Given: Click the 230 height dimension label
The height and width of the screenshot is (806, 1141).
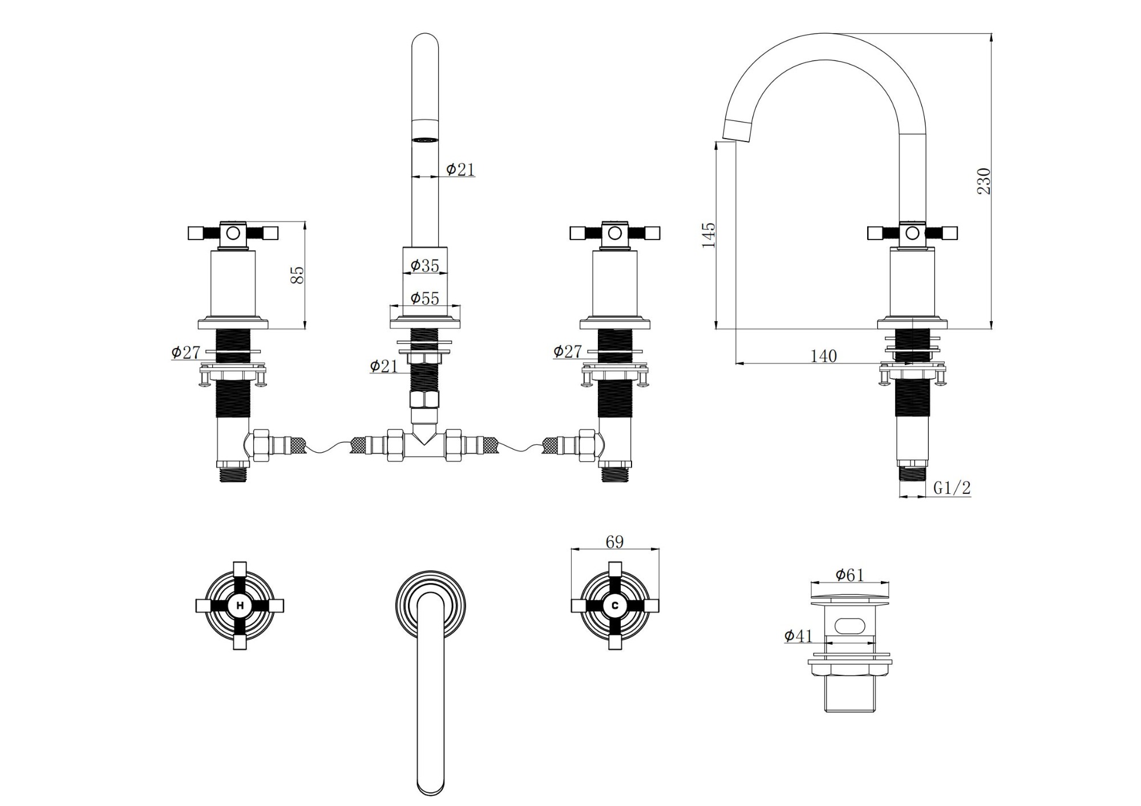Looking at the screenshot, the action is pos(984,181).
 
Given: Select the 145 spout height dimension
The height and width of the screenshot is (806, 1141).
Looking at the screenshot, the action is pos(708,234).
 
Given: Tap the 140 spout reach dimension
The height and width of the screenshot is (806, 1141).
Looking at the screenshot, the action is pos(823,356).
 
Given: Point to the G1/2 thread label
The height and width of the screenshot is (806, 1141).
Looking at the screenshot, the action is pos(952,488).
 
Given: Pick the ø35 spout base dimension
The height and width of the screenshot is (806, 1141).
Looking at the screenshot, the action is pos(425,265).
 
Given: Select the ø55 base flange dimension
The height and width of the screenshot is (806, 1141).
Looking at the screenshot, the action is pos(425,298).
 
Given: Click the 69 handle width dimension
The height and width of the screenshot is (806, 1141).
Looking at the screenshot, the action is pos(614,541).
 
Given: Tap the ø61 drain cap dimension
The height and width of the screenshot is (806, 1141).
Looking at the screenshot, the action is pos(850,575).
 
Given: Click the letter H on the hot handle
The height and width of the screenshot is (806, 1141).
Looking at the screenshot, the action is pos(240,606).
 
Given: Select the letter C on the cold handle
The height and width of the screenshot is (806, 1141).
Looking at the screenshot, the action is pos(614,606).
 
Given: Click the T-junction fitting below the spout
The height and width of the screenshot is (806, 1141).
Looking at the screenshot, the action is pos(424,445).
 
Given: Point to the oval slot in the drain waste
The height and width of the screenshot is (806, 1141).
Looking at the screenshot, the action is pos(849,625).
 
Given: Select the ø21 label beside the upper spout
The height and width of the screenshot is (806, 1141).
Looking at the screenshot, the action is pos(460,169).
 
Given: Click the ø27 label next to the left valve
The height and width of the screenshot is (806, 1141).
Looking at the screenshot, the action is pos(185,352).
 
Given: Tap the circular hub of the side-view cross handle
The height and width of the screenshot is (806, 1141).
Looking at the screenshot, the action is pos(912,233).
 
